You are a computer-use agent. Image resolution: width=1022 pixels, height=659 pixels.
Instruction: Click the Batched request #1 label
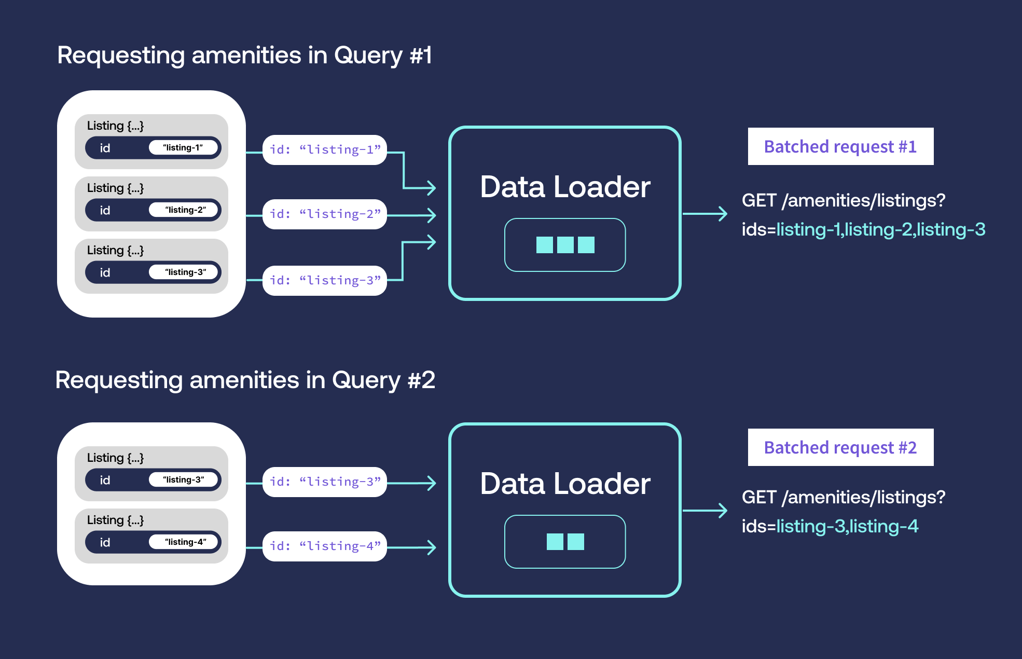coord(840,147)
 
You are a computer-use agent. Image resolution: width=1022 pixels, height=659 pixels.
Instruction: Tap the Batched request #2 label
coord(840,448)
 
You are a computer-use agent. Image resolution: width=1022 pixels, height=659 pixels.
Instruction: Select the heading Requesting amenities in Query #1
coord(244,56)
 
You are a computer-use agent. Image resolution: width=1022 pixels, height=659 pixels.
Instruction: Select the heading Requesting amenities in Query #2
coord(245,380)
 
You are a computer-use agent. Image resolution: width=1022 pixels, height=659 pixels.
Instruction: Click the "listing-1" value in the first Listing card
coord(183,148)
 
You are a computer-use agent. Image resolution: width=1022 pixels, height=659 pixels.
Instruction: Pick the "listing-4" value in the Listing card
coord(185,542)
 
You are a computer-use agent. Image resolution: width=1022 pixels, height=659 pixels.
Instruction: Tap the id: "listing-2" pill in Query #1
coord(325,214)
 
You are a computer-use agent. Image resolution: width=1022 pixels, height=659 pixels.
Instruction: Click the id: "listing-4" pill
coord(325,546)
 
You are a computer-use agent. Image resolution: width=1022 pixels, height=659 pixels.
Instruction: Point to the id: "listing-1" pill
coord(325,150)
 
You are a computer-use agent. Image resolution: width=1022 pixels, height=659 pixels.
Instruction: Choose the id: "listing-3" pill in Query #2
coord(325,482)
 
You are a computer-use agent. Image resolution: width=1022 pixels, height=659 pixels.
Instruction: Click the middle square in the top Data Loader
coord(565,245)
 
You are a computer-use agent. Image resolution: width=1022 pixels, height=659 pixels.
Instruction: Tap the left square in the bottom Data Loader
coord(555,542)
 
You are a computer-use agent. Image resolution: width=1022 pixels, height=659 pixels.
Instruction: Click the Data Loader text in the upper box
coord(565,187)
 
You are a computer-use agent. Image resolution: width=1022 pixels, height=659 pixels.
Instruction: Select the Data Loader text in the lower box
coord(565,484)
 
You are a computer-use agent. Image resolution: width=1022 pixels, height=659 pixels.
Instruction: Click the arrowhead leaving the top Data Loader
coord(722,214)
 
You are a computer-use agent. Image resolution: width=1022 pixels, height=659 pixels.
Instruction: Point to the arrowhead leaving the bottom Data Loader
coord(722,511)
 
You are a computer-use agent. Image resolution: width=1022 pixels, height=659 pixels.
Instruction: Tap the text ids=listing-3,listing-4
coord(830,527)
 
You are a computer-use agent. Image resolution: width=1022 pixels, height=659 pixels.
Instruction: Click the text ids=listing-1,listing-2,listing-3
coord(863,230)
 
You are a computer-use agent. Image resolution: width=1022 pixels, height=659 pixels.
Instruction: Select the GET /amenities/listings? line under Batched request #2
coord(843,498)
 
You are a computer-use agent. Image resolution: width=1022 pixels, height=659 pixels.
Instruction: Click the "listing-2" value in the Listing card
coord(185,210)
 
